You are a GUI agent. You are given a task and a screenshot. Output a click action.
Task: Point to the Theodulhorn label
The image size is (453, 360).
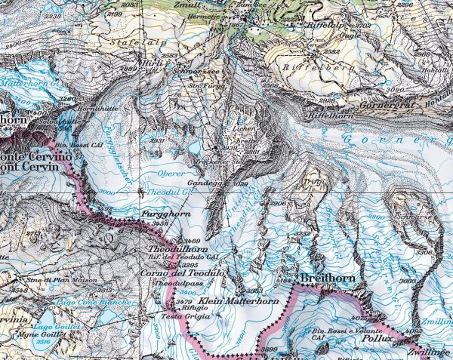(176, 248)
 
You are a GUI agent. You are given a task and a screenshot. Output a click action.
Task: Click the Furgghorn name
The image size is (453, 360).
(159, 215)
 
